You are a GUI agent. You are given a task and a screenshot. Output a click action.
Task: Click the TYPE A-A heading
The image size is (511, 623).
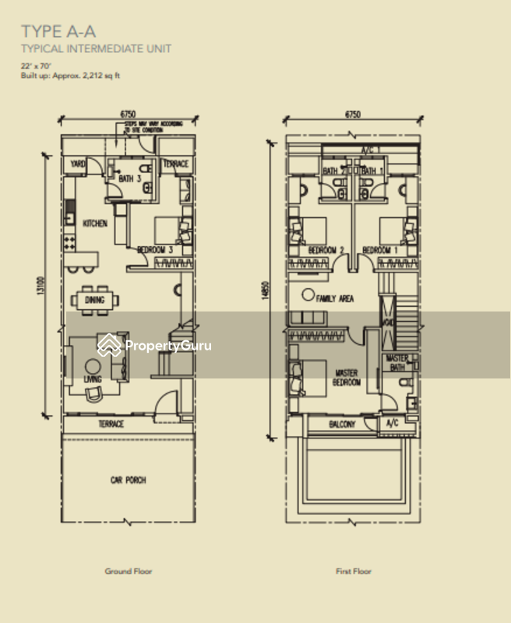point(58,32)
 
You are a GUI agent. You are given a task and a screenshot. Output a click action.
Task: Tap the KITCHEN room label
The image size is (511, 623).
point(95,224)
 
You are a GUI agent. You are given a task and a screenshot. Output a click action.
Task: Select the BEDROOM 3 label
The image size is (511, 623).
point(153,249)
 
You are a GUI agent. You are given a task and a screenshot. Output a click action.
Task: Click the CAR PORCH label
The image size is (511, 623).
point(128,480)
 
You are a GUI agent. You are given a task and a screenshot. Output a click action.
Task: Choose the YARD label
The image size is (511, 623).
point(78,164)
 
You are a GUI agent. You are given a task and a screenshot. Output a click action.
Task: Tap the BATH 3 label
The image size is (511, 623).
point(129,179)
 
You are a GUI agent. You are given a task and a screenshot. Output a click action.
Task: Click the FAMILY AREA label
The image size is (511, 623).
point(336,298)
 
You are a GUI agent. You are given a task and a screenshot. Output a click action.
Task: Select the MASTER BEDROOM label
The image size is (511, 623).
point(347,378)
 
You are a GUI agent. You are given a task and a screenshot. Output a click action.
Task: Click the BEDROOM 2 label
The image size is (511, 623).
point(326,250)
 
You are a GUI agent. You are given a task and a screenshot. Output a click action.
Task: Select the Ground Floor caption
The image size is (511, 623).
point(129,571)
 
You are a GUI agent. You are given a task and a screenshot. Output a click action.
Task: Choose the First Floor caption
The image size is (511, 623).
point(353,571)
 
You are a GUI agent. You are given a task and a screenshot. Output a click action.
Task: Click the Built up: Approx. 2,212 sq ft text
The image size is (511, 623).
point(71,76)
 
